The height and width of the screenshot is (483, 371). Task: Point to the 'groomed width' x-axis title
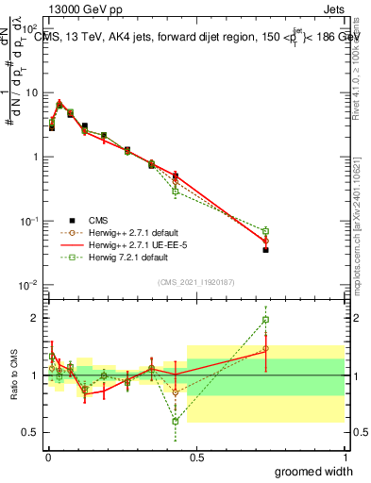(314, 471)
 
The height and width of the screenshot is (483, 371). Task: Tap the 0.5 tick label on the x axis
(196, 457)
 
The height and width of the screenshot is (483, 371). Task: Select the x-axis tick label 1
(344, 457)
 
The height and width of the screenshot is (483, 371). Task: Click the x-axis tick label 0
(48, 457)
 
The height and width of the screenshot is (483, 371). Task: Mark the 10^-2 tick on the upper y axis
(28, 285)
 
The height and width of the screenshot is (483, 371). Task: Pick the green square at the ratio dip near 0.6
(176, 421)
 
